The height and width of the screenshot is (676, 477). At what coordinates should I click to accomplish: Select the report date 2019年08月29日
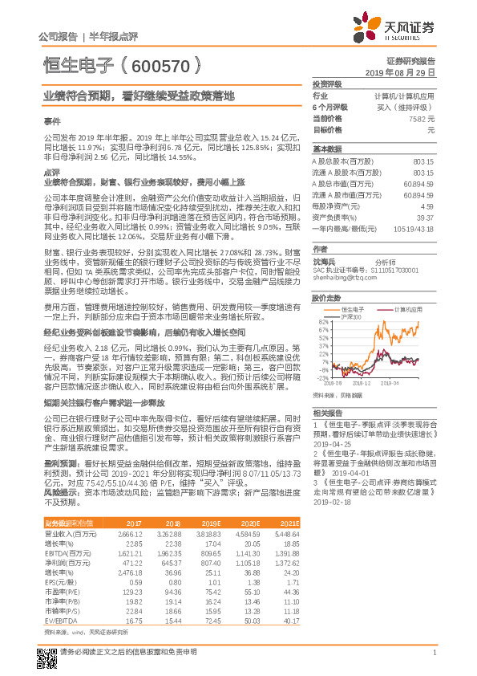406,72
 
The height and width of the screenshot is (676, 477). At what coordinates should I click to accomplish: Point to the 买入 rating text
407,107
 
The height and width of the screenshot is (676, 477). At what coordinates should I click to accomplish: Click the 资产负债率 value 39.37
426,217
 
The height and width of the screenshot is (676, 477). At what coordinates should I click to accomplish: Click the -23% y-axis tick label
322,377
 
